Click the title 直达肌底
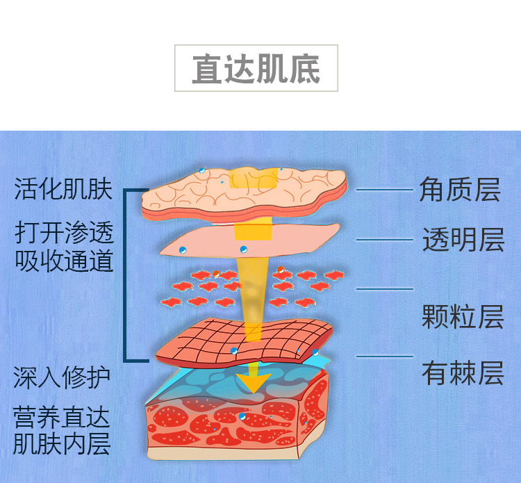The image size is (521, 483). tap(256, 69)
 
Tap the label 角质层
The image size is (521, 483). tap(459, 190)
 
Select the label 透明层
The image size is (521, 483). tap(462, 240)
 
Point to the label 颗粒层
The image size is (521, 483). tap(462, 317)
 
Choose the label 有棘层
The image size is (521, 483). tap(462, 373)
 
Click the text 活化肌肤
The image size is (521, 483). tap(63, 189)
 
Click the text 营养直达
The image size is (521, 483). tap(61, 418)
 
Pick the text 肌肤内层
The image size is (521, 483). tap(61, 443)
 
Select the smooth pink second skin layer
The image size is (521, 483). tap(208, 240)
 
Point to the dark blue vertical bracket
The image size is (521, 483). tap(126, 275)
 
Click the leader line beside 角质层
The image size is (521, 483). tap(384, 190)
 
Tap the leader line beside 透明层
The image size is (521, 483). tap(384, 240)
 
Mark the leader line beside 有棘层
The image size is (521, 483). tap(384, 357)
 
